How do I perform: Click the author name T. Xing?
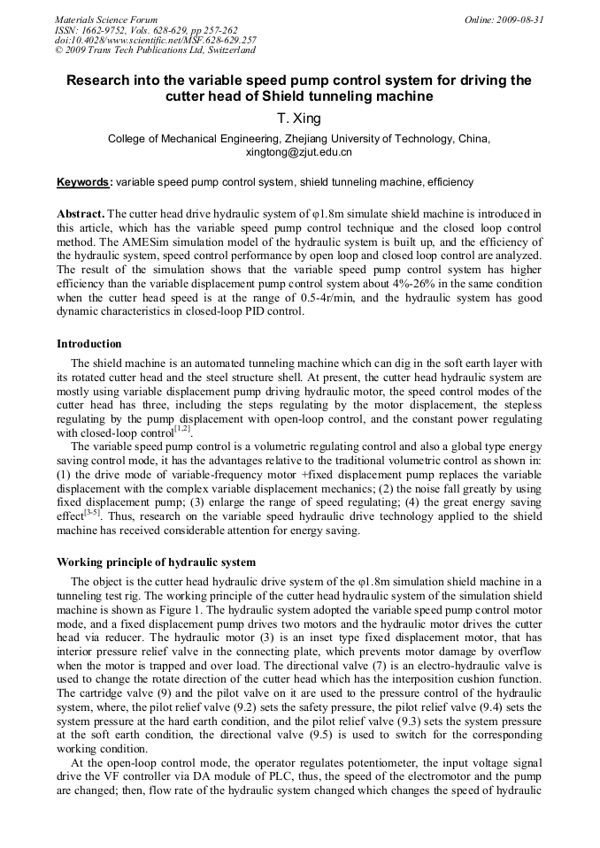pos(299,119)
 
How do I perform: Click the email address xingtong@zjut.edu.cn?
pos(299,152)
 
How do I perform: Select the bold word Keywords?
pos(84,182)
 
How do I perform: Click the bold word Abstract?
pos(81,215)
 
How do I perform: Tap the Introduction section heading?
pos(89,343)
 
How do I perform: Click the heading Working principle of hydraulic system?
pos(156,562)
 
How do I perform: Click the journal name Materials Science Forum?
pos(105,19)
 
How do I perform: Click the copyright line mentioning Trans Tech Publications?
pos(155,50)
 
